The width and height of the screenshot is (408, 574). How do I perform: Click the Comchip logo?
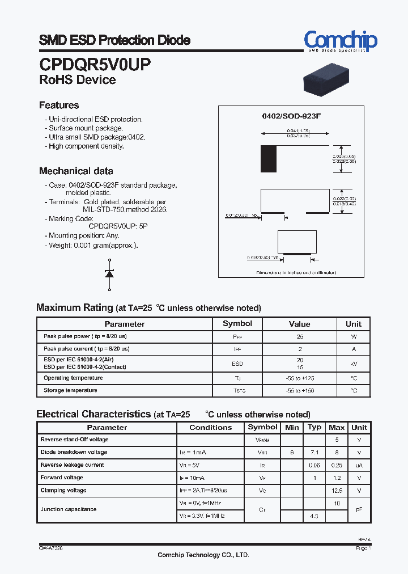pos(340,41)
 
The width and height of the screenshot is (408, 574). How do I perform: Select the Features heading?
pos(59,105)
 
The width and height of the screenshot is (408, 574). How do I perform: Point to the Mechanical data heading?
pos(76,171)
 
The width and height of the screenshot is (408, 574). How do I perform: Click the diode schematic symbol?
pos(109,273)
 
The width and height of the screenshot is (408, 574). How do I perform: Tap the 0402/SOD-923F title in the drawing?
pos(291,116)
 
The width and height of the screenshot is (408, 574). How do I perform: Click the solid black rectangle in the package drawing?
pos(268,159)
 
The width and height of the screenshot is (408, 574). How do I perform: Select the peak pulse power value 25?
pos(299,337)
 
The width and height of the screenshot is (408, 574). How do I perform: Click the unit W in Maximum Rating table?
pos(353,337)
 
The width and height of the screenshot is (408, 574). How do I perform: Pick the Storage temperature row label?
pos(70,390)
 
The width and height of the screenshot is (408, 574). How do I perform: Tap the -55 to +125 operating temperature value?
pos(299,378)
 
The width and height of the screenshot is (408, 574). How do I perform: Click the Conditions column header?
pos(210,428)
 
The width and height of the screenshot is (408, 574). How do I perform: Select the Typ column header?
pos(314,427)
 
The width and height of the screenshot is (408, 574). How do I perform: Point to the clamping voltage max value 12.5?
pos(337,490)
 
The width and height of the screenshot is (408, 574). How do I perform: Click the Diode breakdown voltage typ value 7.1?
pos(314,453)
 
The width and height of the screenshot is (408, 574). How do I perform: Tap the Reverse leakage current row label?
pos(72,465)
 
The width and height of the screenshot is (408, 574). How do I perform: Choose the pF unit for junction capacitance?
pos(359,509)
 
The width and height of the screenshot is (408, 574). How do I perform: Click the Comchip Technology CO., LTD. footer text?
pos(203,555)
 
